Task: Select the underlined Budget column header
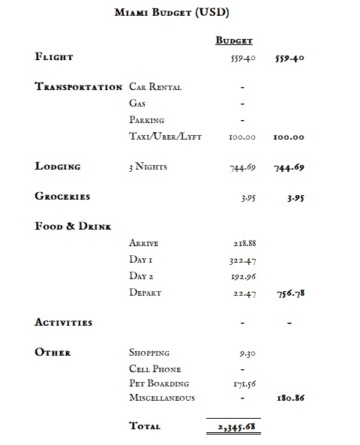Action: tap(234, 41)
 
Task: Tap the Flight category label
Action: tap(54, 57)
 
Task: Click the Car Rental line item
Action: tap(155, 87)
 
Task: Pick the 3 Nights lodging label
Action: tap(148, 167)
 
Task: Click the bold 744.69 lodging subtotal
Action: tap(289, 167)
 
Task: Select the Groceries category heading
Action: tap(62, 197)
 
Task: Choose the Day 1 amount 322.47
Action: tap(242, 260)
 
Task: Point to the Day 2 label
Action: tap(142, 276)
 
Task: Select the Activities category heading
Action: tap(64, 323)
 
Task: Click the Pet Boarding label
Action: tap(157, 383)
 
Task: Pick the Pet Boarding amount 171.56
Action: tap(242, 383)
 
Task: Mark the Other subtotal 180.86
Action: tap(289, 398)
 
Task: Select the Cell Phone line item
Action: tap(154, 369)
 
